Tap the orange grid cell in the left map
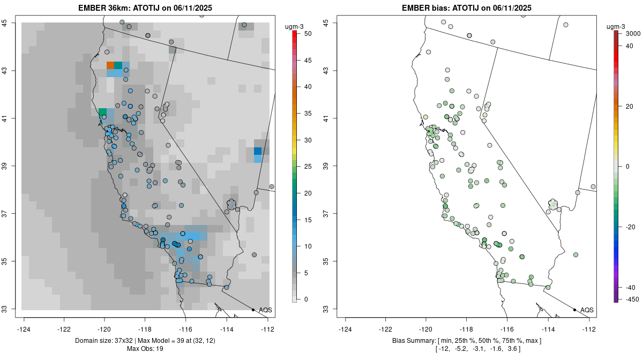[110, 65]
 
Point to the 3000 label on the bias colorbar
[633, 33]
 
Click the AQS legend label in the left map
[266, 310]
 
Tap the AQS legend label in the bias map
[587, 310]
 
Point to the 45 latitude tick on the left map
[12, 22]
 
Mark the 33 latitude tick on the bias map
[333, 309]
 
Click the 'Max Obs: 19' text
[145, 349]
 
